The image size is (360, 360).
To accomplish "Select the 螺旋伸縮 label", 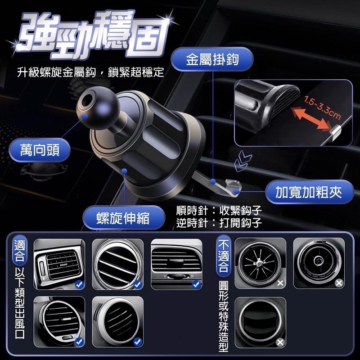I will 122,218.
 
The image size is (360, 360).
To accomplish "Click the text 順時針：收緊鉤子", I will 219,211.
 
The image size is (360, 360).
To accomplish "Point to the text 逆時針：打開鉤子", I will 219,222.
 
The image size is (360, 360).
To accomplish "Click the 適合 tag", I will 20,252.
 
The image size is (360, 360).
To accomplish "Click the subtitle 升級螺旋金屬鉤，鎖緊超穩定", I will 90,72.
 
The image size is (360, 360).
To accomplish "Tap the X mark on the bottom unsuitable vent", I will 280,342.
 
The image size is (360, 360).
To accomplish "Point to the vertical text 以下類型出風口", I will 20,310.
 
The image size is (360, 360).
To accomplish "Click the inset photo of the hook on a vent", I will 293,112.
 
